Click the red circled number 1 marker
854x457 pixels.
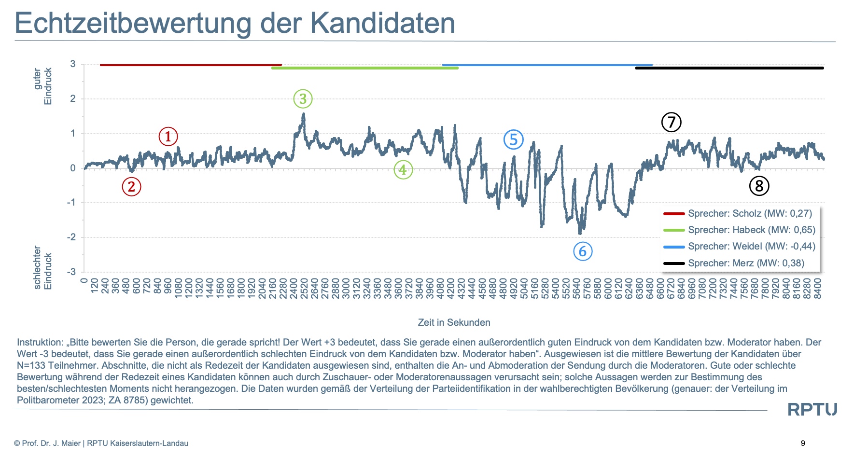click(168, 137)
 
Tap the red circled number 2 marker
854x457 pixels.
click(131, 187)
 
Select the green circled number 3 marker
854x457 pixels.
click(303, 99)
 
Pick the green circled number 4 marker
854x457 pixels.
click(403, 169)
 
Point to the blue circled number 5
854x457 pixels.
click(513, 140)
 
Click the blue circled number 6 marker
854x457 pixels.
click(583, 251)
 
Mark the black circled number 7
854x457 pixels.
click(671, 122)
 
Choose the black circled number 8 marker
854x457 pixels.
click(759, 186)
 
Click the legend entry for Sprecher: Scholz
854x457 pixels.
click(750, 213)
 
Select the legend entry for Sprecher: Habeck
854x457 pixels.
click(751, 230)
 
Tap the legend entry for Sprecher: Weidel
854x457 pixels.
click(751, 246)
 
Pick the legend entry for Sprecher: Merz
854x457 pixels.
click(746, 263)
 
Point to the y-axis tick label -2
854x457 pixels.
click(71, 237)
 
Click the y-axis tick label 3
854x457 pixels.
click(73, 64)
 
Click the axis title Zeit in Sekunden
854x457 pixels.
click(454, 322)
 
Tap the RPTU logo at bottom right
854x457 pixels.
click(812, 410)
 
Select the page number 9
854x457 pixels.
click(803, 443)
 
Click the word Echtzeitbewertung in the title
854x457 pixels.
click(133, 23)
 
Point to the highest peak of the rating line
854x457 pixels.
click(303, 114)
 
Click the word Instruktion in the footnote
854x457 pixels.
click(40, 342)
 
